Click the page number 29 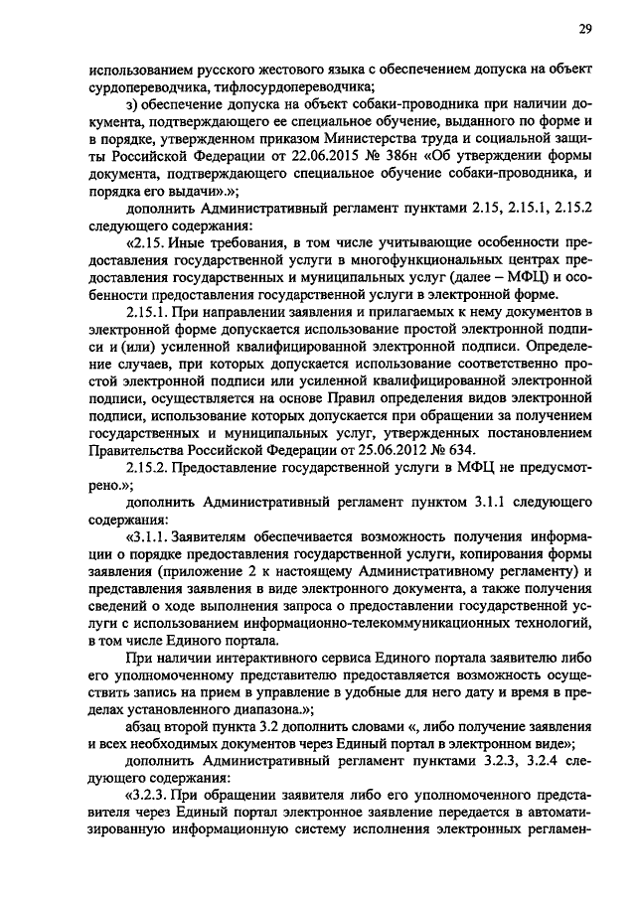pyautogui.click(x=585, y=29)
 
